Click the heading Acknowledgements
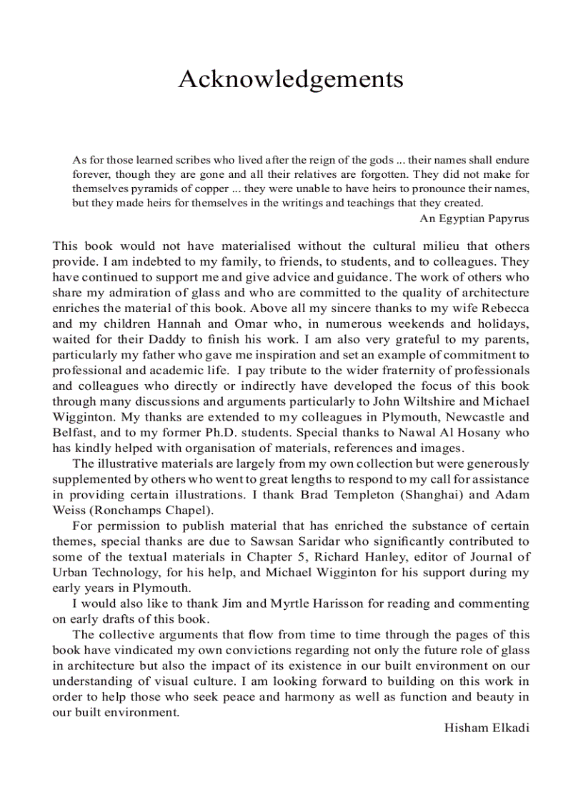291,79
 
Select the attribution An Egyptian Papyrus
474,219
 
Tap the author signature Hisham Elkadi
487,728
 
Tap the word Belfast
74,433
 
